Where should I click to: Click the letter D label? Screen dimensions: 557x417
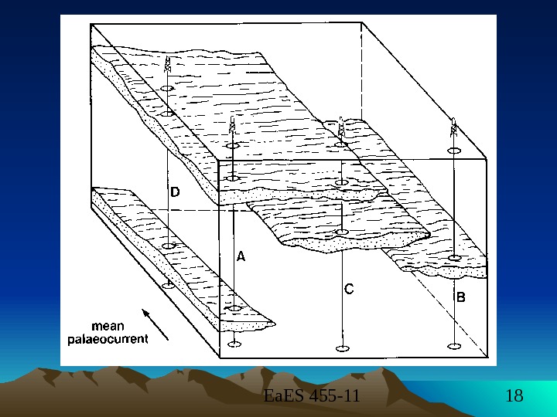(175, 192)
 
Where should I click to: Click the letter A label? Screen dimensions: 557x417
(241, 258)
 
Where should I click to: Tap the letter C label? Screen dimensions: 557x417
(349, 290)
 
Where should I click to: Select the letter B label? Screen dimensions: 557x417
(460, 296)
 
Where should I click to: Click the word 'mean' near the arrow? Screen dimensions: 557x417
(108, 325)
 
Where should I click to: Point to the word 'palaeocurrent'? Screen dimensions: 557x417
(108, 338)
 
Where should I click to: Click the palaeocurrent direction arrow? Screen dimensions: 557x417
(154, 324)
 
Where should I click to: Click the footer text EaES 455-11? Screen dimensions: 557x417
(312, 397)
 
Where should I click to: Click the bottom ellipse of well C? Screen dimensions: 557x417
(341, 349)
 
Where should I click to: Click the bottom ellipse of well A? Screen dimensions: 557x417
(234, 344)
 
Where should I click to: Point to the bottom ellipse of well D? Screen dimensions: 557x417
(167, 284)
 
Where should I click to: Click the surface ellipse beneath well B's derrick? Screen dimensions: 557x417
(455, 151)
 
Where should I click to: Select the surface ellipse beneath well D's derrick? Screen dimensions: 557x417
(167, 89)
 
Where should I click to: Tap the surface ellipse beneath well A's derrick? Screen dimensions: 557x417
(233, 145)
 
